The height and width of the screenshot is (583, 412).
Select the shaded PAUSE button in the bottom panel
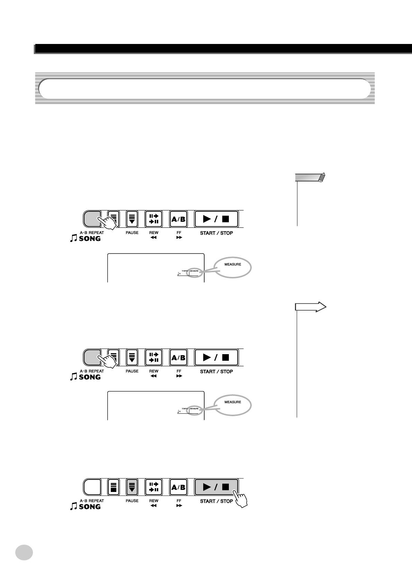click(x=132, y=487)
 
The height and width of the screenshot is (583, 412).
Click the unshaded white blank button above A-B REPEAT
click(x=92, y=487)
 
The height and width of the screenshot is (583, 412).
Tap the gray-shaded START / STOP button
click(x=216, y=487)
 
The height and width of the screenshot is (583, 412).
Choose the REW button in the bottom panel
click(x=153, y=487)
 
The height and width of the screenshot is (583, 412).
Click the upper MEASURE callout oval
click(x=232, y=268)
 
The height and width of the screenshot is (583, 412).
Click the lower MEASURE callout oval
click(x=232, y=405)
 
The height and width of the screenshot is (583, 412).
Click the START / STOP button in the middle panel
click(x=216, y=357)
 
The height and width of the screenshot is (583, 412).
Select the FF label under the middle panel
click(x=179, y=371)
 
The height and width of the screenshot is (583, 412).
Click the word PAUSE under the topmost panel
click(x=132, y=233)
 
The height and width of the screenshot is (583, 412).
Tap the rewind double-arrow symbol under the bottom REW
click(x=154, y=506)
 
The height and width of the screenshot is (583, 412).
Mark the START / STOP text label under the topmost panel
click(x=216, y=233)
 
